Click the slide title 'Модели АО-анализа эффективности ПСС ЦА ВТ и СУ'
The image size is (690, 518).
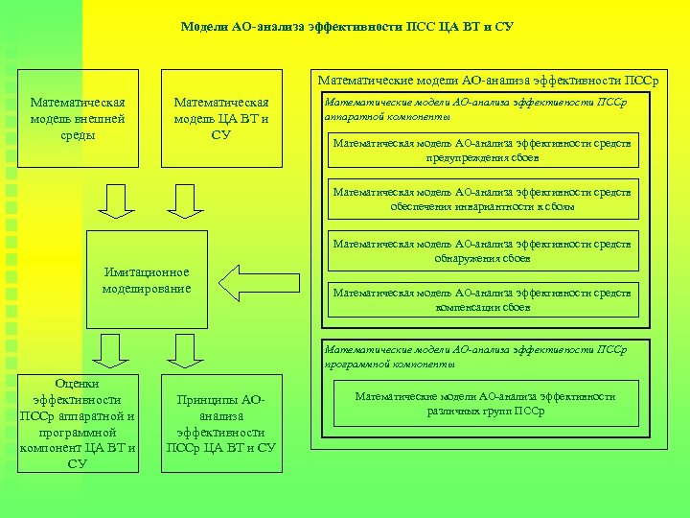tap(347, 27)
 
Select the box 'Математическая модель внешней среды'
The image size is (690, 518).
tap(80, 119)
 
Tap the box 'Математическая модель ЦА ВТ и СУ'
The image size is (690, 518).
tap(221, 119)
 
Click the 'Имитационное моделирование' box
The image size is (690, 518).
tap(147, 279)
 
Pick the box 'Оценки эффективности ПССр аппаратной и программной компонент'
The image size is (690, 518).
tap(79, 422)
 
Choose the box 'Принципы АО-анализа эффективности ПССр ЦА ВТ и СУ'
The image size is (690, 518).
tap(221, 422)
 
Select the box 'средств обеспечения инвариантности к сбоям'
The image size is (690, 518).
tap(482, 199)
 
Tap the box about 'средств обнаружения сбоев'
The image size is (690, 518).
tap(482, 250)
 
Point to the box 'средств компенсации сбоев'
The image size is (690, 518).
tap(482, 300)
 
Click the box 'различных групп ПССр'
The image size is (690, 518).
tap(485, 404)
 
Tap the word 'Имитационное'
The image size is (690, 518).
tap(147, 272)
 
